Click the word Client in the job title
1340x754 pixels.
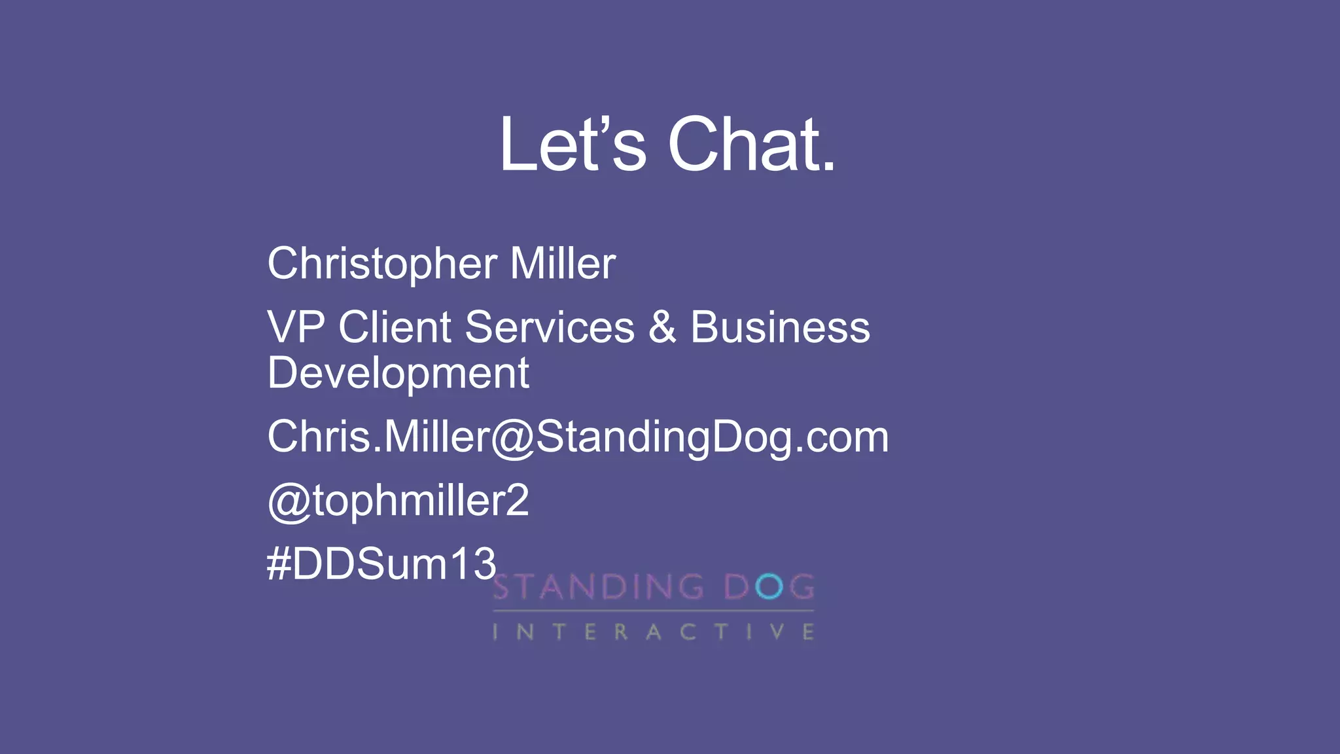pyautogui.click(x=395, y=327)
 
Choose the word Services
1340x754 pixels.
pyautogui.click(x=550, y=327)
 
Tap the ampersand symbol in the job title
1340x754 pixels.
pyautogui.click(x=662, y=327)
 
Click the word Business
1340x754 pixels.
pyautogui.click(x=780, y=327)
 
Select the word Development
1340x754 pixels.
pyautogui.click(x=398, y=374)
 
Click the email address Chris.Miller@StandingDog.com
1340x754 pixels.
pyautogui.click(x=578, y=437)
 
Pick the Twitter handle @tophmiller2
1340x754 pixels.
pyautogui.click(x=398, y=501)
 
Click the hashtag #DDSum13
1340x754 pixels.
pyautogui.click(x=381, y=564)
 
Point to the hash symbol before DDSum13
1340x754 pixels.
pyautogui.click(x=278, y=564)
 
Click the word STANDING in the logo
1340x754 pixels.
pyautogui.click(x=598, y=587)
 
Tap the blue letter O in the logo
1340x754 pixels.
pyautogui.click(x=769, y=587)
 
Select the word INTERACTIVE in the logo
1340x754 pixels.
pyautogui.click(x=653, y=632)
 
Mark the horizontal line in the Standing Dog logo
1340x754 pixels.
pyautogui.click(x=653, y=611)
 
